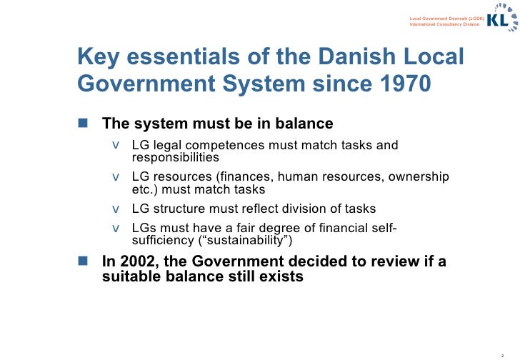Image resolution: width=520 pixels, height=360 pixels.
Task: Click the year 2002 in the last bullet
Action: click(x=138, y=261)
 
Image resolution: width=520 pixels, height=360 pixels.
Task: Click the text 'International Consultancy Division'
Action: click(x=444, y=24)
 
